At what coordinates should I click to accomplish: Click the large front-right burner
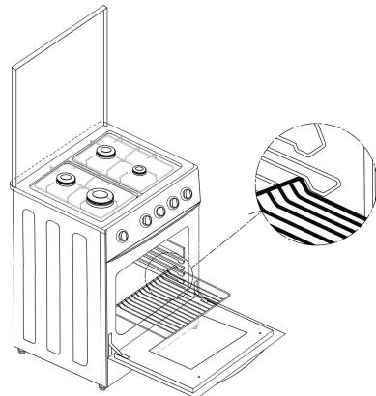[99, 199]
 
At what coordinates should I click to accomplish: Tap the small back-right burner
[139, 171]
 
